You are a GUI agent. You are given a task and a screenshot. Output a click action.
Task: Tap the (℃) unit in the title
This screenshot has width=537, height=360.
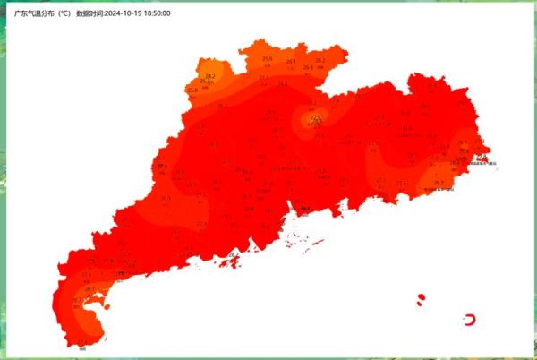tap(64, 14)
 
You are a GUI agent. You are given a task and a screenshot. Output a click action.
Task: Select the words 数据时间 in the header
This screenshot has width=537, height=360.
tap(89, 14)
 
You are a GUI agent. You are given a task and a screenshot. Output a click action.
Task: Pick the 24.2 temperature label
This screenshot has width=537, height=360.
tap(209, 76)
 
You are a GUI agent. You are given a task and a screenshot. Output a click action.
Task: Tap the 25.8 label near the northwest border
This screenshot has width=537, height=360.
tap(192, 90)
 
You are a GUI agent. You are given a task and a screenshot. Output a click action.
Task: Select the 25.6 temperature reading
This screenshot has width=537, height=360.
tap(267, 59)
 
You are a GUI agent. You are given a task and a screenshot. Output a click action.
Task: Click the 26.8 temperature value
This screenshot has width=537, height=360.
tap(308, 67)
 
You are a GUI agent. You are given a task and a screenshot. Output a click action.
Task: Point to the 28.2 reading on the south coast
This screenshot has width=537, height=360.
tap(234, 255)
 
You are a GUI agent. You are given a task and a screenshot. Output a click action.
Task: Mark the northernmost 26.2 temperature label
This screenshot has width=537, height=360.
tap(320, 60)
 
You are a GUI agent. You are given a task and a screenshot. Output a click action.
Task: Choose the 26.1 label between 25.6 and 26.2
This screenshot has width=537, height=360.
tap(291, 62)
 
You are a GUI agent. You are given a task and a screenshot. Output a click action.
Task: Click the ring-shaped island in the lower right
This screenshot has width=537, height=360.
tap(470, 319)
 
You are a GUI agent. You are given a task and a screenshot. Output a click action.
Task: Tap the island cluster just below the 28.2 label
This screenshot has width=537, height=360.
tap(234, 265)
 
